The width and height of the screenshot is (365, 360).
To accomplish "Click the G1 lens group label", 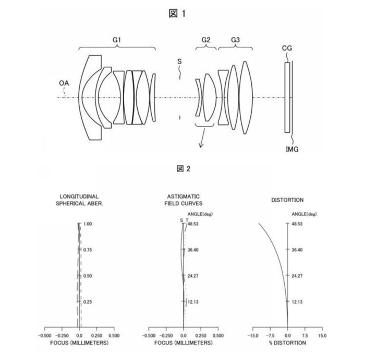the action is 117,40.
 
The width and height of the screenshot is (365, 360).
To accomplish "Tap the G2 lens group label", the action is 206,40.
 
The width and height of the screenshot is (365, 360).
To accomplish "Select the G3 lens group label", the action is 235,40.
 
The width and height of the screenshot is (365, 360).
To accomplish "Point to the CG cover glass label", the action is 287,48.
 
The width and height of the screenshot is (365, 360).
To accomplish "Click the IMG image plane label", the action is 292,149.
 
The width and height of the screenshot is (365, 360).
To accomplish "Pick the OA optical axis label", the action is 64,83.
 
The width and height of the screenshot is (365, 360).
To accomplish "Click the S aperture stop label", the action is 179,61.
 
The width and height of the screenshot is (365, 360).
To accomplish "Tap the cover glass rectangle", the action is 287,97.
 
